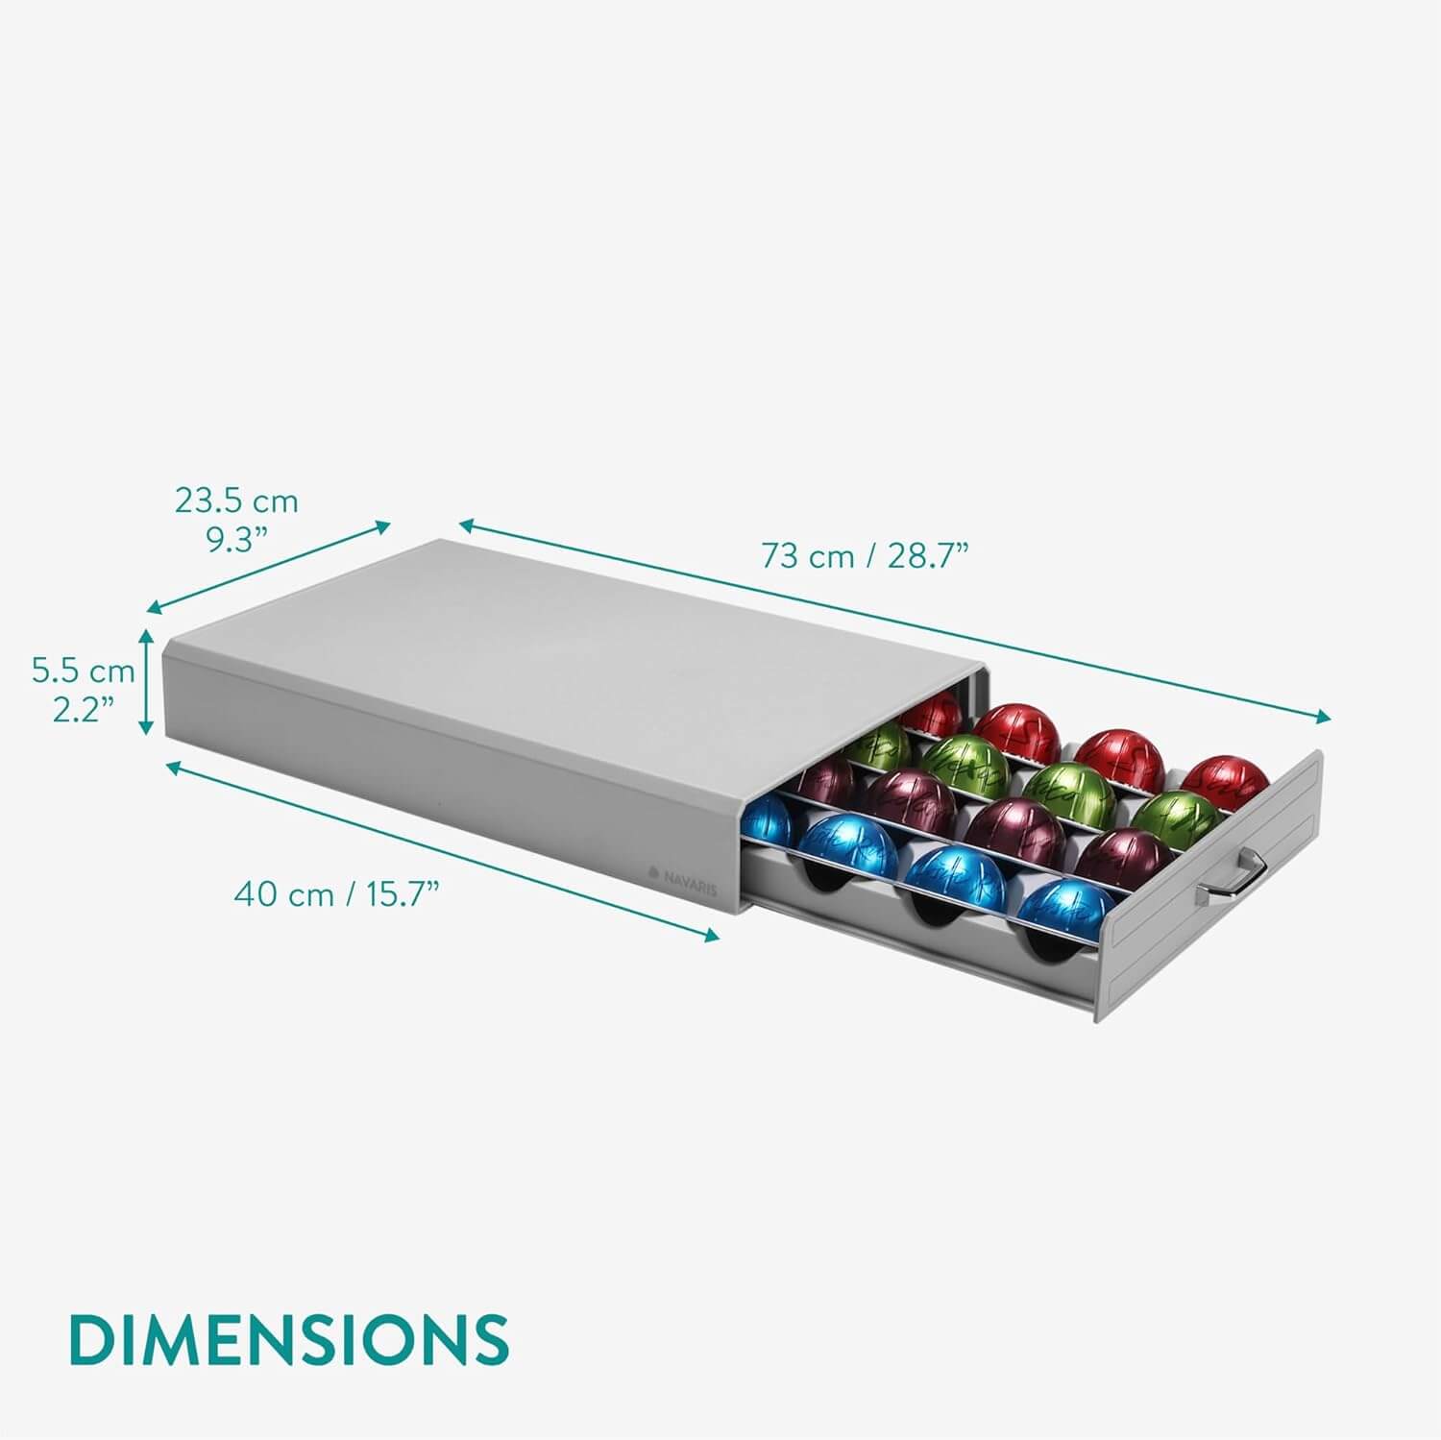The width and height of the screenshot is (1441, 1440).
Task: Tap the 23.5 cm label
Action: (236, 500)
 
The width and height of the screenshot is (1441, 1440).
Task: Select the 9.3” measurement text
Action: (236, 540)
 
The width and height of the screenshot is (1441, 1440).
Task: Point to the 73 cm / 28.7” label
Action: (865, 555)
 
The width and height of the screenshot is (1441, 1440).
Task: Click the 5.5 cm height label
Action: (83, 671)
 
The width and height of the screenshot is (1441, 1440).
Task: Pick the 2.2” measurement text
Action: (83, 710)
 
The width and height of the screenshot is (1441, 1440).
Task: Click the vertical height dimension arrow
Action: (147, 681)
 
